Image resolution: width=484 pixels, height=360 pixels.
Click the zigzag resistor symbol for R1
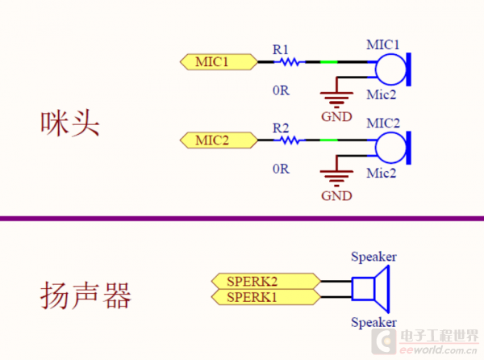(288, 61)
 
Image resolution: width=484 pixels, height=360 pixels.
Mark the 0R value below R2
(280, 169)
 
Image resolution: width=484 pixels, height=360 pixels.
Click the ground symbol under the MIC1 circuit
(336, 98)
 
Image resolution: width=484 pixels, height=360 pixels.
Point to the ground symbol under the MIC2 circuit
(336, 178)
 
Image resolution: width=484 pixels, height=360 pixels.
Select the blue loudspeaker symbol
(371, 290)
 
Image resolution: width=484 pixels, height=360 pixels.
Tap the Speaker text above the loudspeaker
(373, 257)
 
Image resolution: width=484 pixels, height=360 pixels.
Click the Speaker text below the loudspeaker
(373, 323)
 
